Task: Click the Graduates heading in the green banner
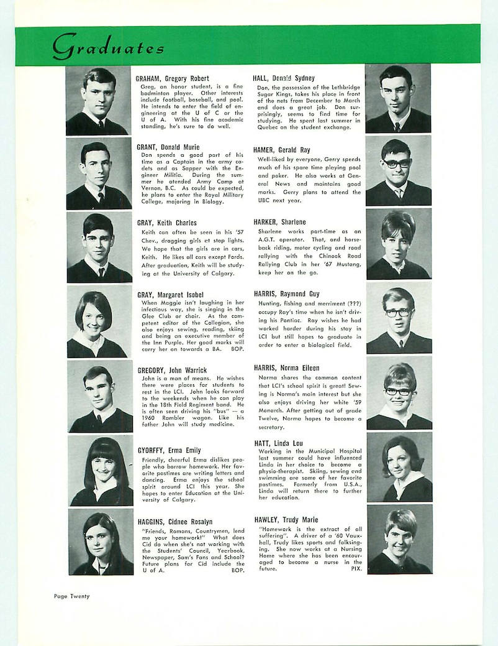pos(108,46)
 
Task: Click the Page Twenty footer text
pos(71,596)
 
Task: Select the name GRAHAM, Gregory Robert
pos(173,79)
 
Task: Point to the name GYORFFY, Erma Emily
pos(169,450)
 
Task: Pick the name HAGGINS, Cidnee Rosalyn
pos(175,522)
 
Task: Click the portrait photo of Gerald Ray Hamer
pos(398,171)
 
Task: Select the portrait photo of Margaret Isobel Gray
pos(99,322)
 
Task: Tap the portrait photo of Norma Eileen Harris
pos(399,392)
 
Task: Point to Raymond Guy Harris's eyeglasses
pos(397,312)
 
